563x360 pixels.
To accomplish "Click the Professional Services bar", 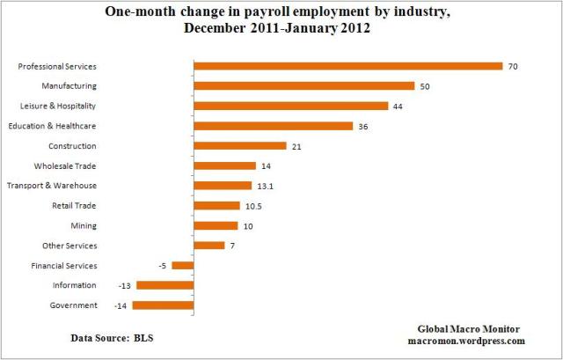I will coord(347,66).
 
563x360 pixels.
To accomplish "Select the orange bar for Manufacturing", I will coord(303,86).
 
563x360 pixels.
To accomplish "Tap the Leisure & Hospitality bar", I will coord(290,106).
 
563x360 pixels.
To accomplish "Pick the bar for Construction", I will coord(240,146).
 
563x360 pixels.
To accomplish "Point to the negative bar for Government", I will coord(163,305).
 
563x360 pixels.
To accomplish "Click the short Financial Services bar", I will coord(183,266).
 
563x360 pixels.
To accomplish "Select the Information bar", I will coord(165,285).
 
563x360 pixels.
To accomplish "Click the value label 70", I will coord(511,66).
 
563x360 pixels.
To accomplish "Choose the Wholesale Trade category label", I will coord(65,165).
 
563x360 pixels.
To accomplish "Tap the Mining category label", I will coord(84,226).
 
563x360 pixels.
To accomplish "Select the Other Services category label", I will coord(69,246).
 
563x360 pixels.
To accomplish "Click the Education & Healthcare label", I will coord(53,126).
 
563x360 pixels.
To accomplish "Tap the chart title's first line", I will coord(281,13).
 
